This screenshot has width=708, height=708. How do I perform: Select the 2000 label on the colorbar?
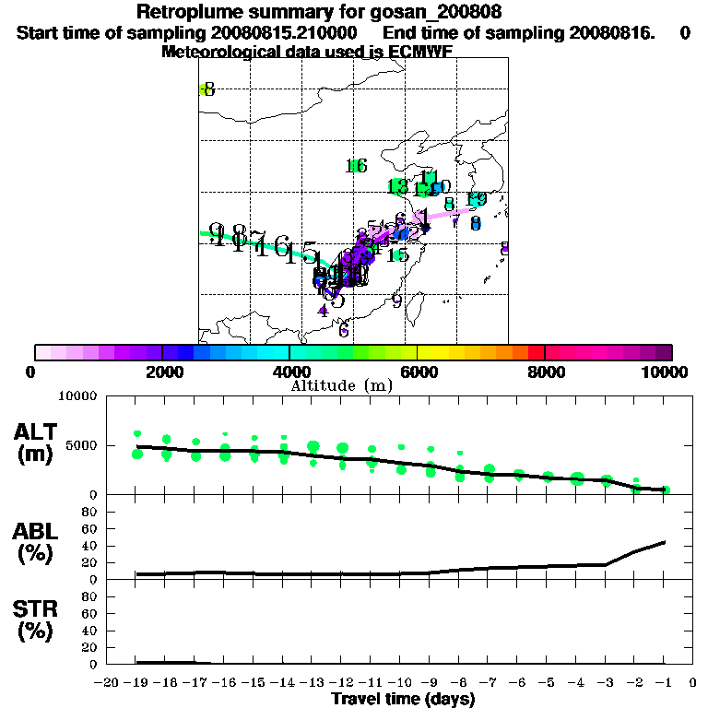coord(161,372)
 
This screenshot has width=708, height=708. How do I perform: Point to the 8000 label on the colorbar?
coord(545,372)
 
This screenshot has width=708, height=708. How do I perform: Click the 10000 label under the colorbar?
coord(668,372)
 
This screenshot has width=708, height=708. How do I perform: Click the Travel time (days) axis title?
coord(403,699)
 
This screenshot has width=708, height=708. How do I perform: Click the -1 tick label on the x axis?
coord(665,682)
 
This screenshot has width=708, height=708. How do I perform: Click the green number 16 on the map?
coord(357,166)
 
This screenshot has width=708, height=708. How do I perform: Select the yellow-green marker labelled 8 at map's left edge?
coord(205,89)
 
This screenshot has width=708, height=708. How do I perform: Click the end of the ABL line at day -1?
coord(666,542)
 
